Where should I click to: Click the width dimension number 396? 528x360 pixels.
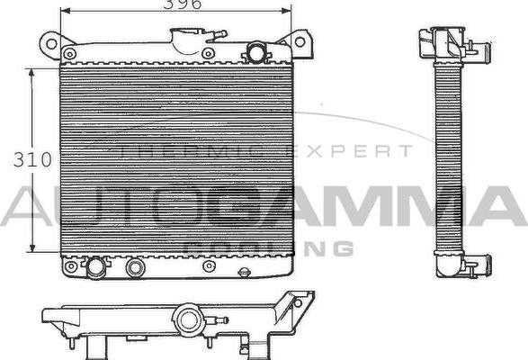point(182,4)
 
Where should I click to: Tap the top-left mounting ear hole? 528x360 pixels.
point(51,42)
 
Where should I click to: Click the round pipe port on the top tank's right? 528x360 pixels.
point(256,52)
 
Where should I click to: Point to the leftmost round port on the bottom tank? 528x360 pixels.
point(94,267)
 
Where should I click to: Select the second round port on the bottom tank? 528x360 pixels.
point(136,267)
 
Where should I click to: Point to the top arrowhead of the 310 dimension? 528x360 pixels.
point(32,68)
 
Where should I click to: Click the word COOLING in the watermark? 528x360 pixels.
point(267,247)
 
